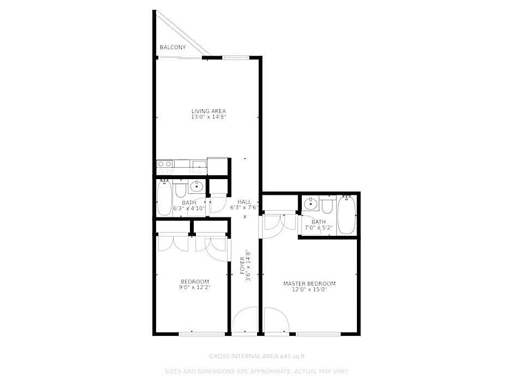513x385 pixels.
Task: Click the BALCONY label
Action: click(x=172, y=48)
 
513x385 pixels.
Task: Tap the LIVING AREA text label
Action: click(x=208, y=111)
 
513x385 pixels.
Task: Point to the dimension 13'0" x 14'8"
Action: click(x=208, y=117)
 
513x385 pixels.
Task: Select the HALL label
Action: click(x=244, y=202)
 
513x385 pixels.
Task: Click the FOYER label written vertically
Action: click(x=242, y=265)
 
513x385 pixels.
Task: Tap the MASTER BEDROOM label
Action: click(x=309, y=283)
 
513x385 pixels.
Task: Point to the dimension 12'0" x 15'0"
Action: click(x=309, y=290)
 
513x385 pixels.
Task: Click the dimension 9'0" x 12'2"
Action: click(x=195, y=287)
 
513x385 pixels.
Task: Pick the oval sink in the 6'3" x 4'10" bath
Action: click(x=196, y=187)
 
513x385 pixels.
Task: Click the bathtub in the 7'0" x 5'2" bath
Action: click(x=347, y=215)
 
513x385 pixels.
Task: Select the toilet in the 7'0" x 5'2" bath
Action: click(x=327, y=205)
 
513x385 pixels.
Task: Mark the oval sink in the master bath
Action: click(x=311, y=204)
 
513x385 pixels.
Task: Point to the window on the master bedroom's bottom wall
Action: click(x=318, y=333)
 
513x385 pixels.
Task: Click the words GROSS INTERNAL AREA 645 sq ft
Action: click(x=256, y=356)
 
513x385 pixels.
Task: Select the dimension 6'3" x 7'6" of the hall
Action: click(x=244, y=208)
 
